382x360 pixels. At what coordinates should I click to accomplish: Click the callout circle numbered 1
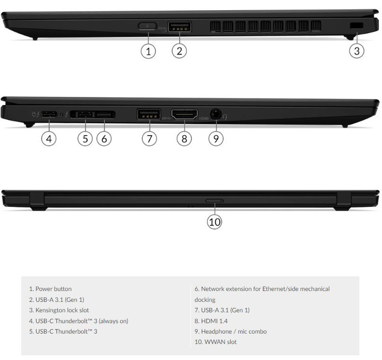[x=148, y=51]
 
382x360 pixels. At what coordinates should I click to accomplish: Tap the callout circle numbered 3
[x=357, y=51]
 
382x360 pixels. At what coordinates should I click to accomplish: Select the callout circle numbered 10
[x=214, y=221]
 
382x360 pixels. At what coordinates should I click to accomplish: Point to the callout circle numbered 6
[x=104, y=139]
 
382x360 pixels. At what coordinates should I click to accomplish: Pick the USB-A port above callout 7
[x=149, y=114]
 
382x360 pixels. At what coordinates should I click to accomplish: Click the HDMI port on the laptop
[x=184, y=114]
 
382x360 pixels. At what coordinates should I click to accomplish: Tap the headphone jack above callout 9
[x=216, y=114]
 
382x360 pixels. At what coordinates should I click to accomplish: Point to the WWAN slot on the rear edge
[x=214, y=201]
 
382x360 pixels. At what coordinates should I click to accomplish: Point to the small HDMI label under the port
[x=204, y=119]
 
